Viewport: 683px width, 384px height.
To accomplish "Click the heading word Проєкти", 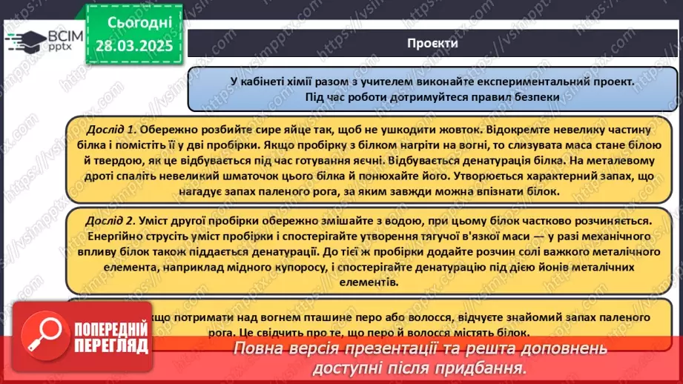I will click(x=432, y=43).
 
